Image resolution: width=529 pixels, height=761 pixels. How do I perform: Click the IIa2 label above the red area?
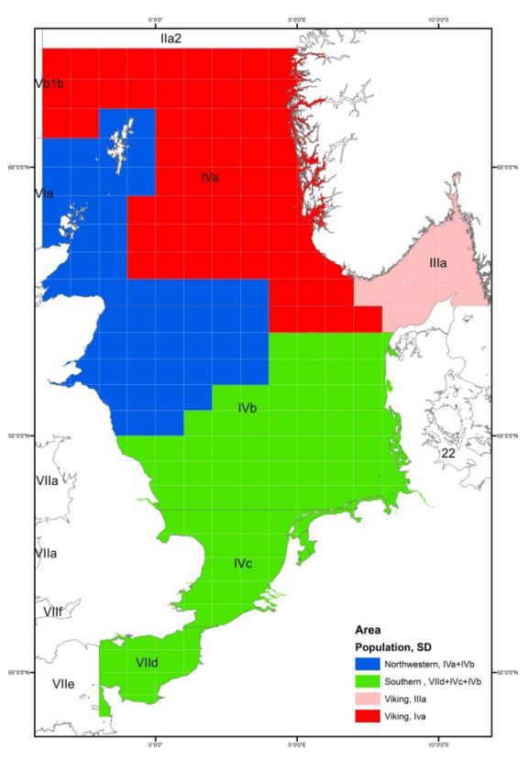pyautogui.click(x=172, y=38)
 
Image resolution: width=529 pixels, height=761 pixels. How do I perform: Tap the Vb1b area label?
pyautogui.click(x=48, y=83)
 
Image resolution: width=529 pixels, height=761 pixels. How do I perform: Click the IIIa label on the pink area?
pyautogui.click(x=437, y=263)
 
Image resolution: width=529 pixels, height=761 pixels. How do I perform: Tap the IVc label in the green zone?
pyautogui.click(x=242, y=562)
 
